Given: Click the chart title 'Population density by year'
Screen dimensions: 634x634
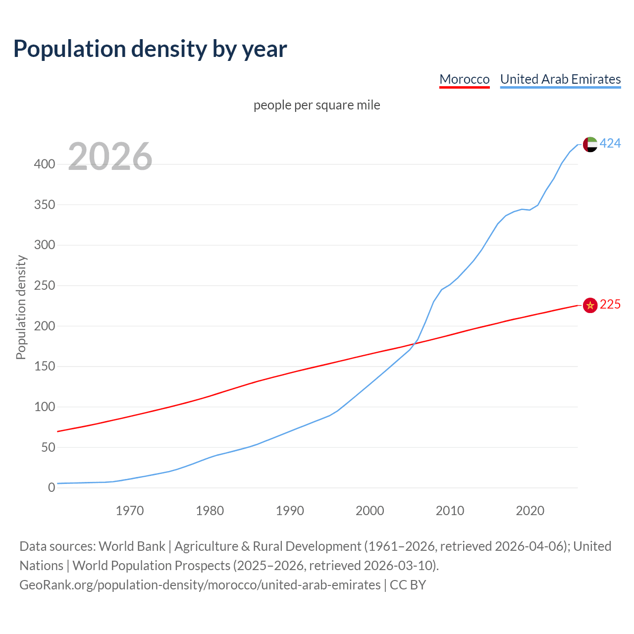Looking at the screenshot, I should (150, 49).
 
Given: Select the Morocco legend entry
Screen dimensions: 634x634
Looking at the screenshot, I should (464, 79).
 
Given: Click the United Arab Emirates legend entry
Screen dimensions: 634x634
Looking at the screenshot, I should (560, 79).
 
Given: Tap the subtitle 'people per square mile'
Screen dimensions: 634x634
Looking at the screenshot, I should (317, 105).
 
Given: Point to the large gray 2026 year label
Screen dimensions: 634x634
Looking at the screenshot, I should (110, 157).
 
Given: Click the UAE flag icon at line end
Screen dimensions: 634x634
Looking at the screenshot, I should (590, 144).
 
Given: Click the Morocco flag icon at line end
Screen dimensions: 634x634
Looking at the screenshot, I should (590, 305).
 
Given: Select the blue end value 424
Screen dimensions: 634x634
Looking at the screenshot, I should (610, 144).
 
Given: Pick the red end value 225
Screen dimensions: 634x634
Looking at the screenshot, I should (610, 305).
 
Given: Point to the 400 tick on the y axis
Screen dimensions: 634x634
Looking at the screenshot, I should (45, 164).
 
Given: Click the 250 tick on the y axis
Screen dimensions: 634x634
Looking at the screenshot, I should (45, 286).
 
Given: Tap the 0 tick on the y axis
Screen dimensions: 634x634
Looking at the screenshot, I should (52, 488).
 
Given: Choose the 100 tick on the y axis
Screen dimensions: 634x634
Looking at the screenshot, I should (45, 407).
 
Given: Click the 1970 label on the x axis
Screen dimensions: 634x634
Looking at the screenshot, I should (130, 511).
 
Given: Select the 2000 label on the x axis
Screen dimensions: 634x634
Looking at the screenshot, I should (370, 511).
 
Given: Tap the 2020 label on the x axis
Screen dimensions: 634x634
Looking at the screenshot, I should (530, 511).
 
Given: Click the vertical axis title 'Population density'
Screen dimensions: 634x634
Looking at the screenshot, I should (21, 307).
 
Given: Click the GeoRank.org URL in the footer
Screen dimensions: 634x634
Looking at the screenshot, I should (200, 585).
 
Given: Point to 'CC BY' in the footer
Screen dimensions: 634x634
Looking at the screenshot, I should (408, 585).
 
